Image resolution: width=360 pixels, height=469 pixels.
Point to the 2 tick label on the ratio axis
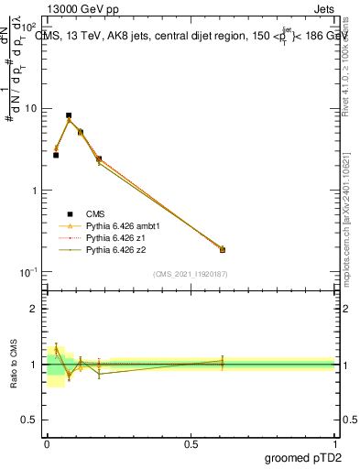tap(36, 309)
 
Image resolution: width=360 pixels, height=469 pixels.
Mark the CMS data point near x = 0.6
tap(223, 249)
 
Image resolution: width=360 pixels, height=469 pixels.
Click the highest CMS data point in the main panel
tap(69, 116)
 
